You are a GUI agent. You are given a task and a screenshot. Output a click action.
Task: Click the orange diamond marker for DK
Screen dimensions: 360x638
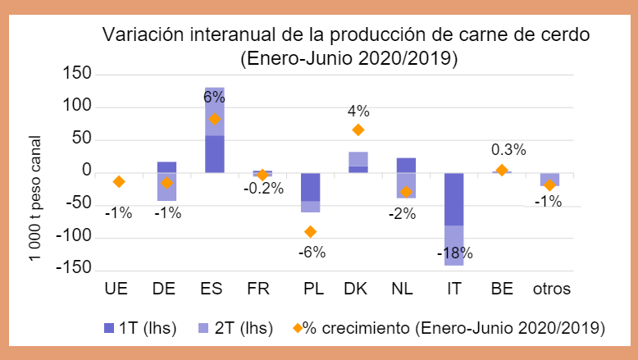click(x=358, y=130)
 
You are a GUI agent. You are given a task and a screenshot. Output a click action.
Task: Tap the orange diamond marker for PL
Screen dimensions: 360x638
click(x=310, y=232)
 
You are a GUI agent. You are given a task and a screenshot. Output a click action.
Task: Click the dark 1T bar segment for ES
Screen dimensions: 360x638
click(x=215, y=154)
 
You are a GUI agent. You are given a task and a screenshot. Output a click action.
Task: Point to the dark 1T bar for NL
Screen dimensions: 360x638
click(x=406, y=165)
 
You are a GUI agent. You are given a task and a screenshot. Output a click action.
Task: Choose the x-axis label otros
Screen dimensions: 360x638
click(x=549, y=289)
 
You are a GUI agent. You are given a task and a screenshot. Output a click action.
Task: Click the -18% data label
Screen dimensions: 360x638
click(x=454, y=253)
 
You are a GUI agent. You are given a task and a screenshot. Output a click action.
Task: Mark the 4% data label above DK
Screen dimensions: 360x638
click(x=359, y=110)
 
